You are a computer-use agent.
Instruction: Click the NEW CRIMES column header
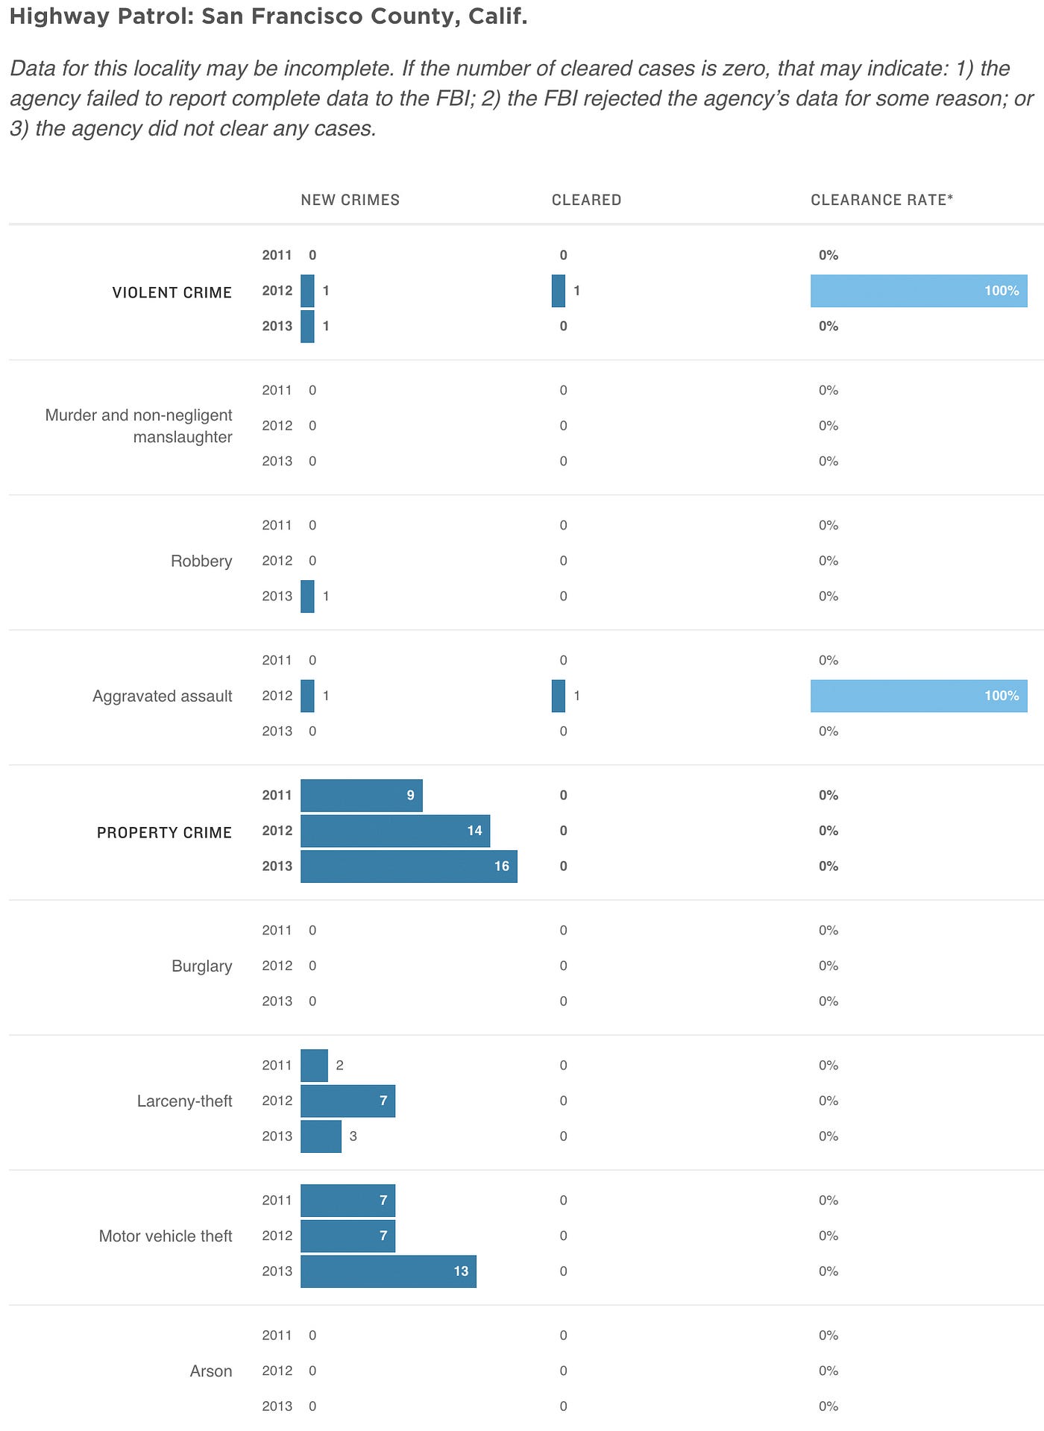[x=350, y=200]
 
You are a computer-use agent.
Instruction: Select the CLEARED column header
[x=586, y=200]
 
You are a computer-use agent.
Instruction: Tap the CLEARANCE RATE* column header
[x=881, y=200]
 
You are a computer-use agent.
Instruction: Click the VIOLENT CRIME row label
[x=172, y=292]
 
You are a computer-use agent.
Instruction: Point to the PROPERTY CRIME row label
[x=164, y=832]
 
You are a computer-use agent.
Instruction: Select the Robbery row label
[x=201, y=561]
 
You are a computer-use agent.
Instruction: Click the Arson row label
[x=211, y=1371]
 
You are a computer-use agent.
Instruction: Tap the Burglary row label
[x=201, y=966]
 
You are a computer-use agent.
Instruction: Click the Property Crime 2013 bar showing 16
[x=409, y=867]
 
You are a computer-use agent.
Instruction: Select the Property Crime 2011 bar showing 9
[x=361, y=796]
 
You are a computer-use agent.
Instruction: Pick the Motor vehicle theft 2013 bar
[x=388, y=1271]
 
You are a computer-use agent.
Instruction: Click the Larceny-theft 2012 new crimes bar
[x=348, y=1101]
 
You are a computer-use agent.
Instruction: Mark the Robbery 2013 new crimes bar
[x=307, y=597]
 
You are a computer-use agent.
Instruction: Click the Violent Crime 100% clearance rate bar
[x=919, y=291]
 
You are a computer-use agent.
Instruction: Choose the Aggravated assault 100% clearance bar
[x=919, y=696]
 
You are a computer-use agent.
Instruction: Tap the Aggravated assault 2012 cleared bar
[x=559, y=696]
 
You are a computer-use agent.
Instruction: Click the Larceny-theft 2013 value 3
[x=353, y=1136]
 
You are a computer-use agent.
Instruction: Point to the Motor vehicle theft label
[x=166, y=1236]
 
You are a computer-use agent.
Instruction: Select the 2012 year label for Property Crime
[x=277, y=831]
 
